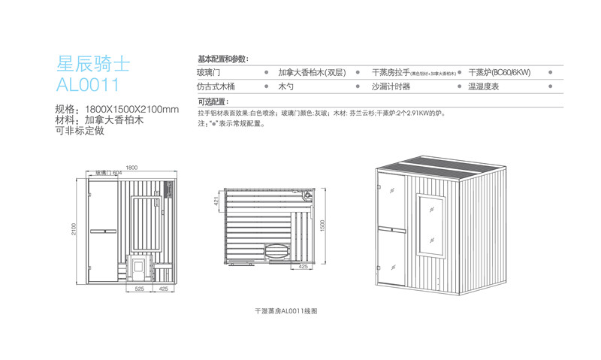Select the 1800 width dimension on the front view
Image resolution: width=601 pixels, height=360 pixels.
pyautogui.click(x=131, y=167)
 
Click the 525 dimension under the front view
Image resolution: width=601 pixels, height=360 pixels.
pyautogui.click(x=139, y=287)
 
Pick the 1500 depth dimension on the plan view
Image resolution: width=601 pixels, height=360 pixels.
pyautogui.click(x=322, y=225)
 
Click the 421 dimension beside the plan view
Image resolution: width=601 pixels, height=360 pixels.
pyautogui.click(x=216, y=201)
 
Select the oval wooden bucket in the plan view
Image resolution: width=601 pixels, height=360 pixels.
pyautogui.click(x=274, y=250)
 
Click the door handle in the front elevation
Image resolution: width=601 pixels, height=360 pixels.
pyautogui.click(x=102, y=228)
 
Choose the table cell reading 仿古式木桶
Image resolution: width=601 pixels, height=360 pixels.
pyautogui.click(x=216, y=87)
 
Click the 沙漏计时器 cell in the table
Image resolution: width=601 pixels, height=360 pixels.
pyautogui.click(x=391, y=87)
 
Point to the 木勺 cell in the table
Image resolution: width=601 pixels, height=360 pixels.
pyautogui.click(x=285, y=87)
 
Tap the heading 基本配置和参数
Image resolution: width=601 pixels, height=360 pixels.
pyautogui.click(x=223, y=59)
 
